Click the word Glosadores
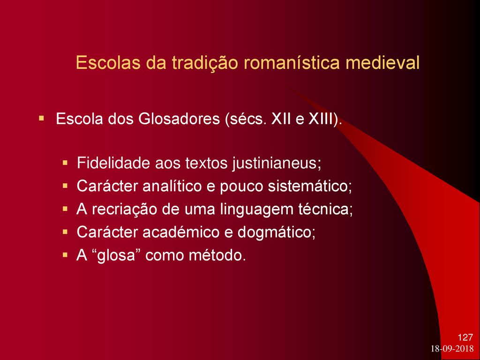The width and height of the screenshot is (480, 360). pyautogui.click(x=179, y=119)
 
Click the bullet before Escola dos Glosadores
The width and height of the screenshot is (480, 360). pyautogui.click(x=41, y=118)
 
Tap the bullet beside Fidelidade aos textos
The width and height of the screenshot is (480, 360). pyautogui.click(x=65, y=162)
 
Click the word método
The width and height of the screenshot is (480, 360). pyautogui.click(x=217, y=255)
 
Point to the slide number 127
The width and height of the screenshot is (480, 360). pyautogui.click(x=465, y=337)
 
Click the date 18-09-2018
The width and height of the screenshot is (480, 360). pyautogui.click(x=452, y=349)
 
